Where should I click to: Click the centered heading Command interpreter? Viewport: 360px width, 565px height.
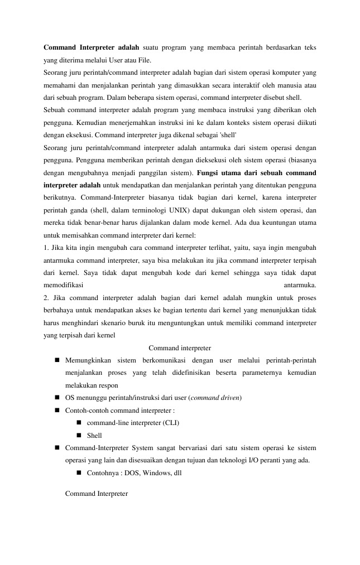pos(180,348)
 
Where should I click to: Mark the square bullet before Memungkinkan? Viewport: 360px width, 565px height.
pos(57,360)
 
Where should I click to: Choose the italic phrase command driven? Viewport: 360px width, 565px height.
pos(215,398)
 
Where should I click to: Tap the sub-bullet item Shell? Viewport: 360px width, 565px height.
pos(94,435)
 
